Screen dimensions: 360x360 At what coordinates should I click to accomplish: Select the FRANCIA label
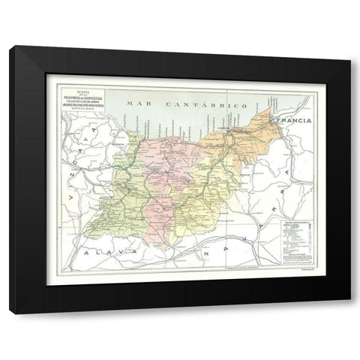[295, 120]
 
